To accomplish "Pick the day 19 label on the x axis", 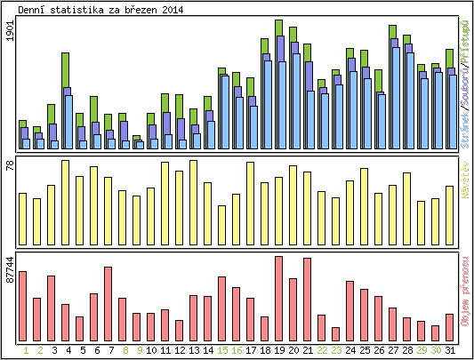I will coord(279,350).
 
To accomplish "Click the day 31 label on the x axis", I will coord(450,350).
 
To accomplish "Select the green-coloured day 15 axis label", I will coord(222,350).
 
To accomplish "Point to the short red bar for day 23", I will coord(336,333).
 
